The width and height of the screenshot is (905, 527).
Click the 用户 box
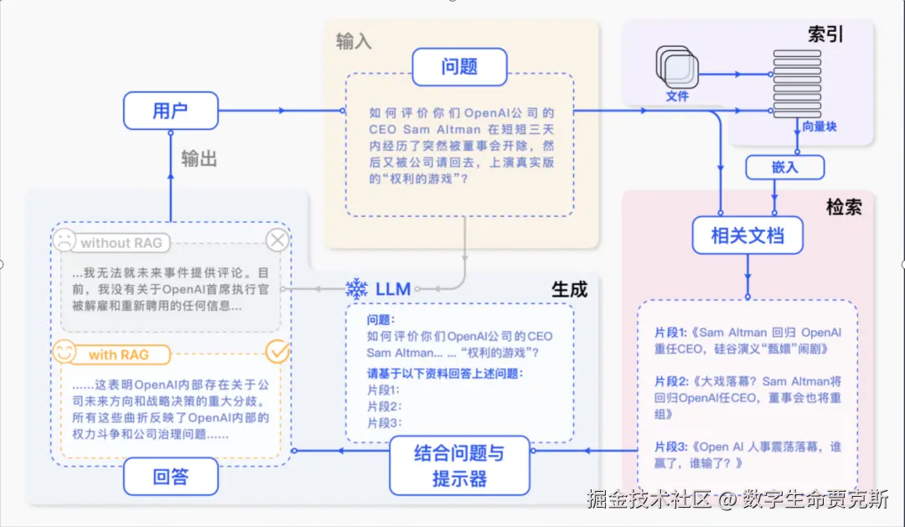[x=171, y=111]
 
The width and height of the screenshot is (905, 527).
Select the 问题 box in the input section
[x=459, y=67]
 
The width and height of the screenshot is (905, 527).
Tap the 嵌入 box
[x=785, y=168]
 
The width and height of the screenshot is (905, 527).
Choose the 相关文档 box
[x=747, y=235]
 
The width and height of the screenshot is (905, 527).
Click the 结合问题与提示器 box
[x=459, y=465]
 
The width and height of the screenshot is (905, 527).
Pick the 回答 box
[x=171, y=476]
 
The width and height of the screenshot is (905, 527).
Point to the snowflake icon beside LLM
[x=357, y=288]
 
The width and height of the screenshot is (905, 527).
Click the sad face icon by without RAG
[x=65, y=240]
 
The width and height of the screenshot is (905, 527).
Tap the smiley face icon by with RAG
[x=64, y=352]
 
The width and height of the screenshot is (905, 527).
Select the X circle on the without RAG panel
[x=277, y=240]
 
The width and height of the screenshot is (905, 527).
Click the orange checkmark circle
[x=277, y=352]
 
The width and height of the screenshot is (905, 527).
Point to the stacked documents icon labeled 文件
[x=677, y=67]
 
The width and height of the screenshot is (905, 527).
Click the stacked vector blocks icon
[x=797, y=84]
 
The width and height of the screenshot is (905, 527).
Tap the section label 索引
[x=825, y=34]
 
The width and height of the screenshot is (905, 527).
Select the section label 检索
[x=844, y=207]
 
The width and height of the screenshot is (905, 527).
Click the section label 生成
[x=569, y=289]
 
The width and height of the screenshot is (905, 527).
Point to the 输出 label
[x=199, y=158]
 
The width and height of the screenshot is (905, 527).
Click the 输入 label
[x=354, y=42]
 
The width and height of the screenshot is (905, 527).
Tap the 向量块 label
[x=820, y=127]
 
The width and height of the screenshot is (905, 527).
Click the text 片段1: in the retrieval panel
[x=670, y=333]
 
